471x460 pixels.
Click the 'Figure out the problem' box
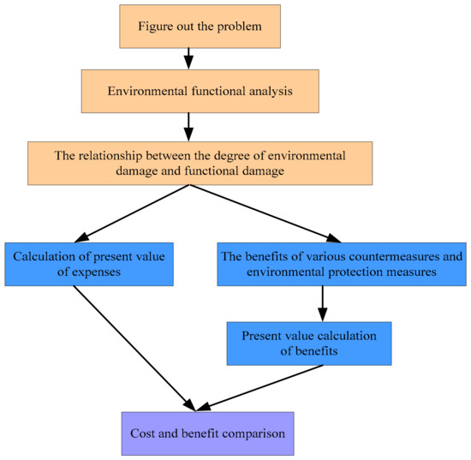pos(188,25)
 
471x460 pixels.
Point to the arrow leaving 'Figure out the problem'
pos(188,58)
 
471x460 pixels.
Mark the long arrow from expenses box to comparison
pos(133,347)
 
